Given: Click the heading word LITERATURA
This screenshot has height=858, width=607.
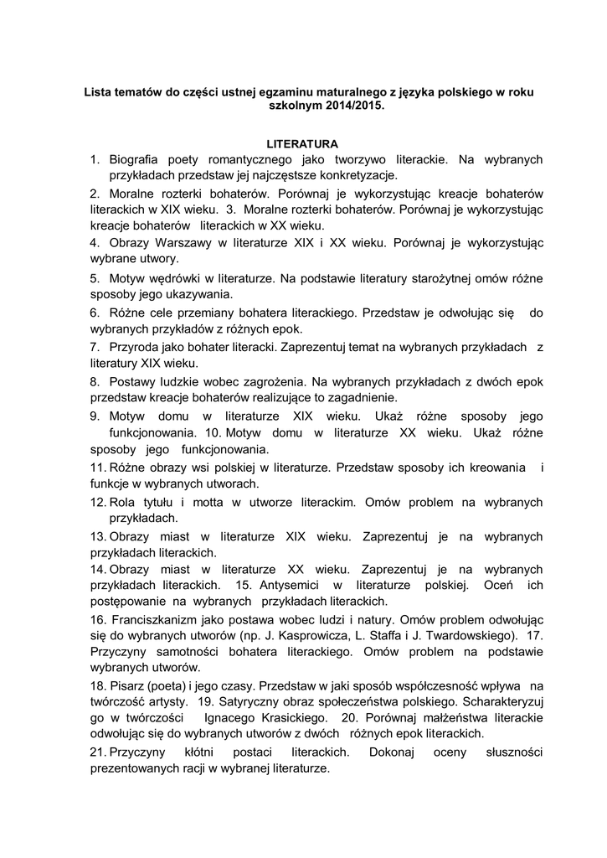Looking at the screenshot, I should [302, 143].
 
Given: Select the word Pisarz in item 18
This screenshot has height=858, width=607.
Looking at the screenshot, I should [127, 685].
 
